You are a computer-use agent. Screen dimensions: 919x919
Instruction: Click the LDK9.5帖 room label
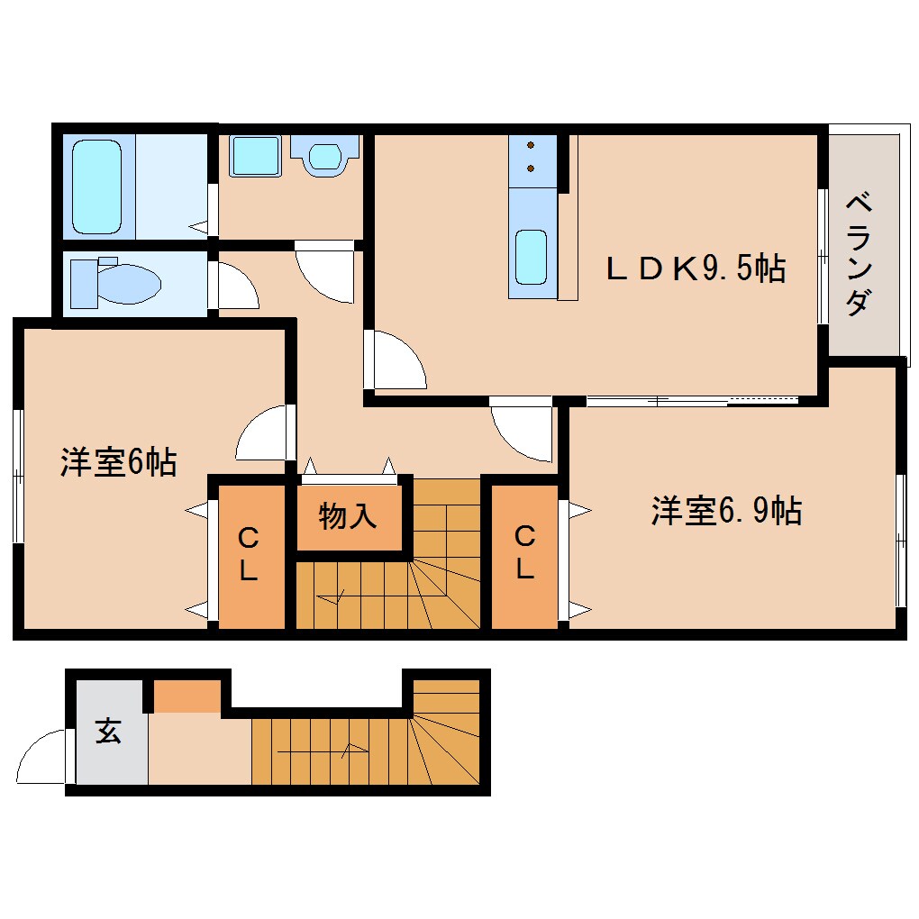(x=695, y=268)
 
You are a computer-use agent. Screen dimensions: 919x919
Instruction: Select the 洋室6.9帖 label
(x=726, y=512)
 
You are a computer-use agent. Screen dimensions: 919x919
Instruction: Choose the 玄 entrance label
(x=109, y=732)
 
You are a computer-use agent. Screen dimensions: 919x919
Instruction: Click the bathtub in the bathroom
(x=96, y=187)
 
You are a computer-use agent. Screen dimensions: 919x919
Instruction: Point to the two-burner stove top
(x=532, y=158)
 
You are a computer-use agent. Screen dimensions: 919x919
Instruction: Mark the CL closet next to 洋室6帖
(x=249, y=555)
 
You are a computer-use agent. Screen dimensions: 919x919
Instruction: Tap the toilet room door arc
(x=235, y=287)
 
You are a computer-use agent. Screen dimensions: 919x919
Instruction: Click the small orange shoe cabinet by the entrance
(x=187, y=696)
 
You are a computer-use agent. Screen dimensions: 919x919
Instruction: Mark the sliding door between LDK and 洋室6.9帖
(x=691, y=400)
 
